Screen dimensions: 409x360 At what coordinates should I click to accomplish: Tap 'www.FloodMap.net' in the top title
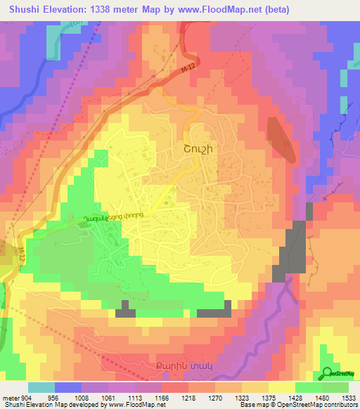point(225,8)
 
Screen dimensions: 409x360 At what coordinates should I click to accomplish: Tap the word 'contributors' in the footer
point(340,404)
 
